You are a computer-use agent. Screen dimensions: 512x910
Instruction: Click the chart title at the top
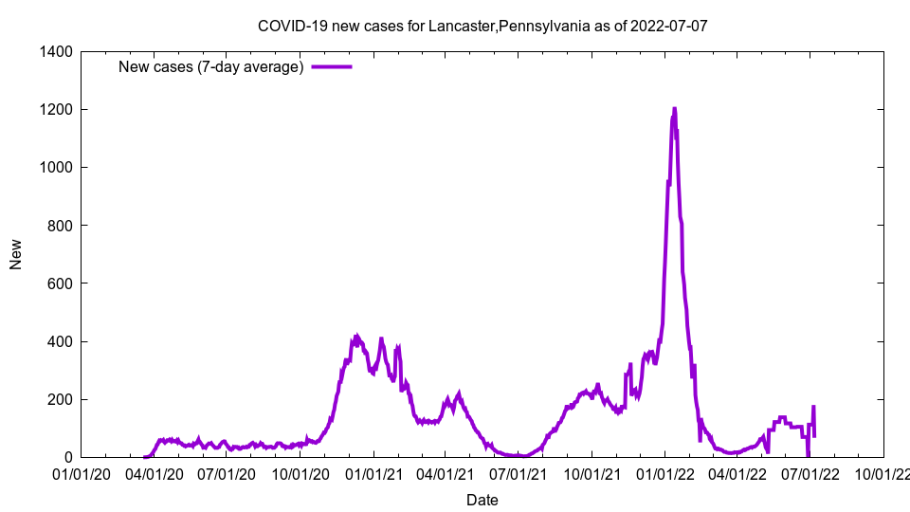point(482,26)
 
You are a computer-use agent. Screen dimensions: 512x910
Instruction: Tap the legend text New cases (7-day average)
point(210,67)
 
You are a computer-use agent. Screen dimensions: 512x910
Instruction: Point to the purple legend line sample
point(332,67)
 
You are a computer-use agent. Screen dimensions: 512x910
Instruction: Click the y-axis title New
point(16,254)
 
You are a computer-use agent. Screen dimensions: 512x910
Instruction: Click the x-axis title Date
point(482,500)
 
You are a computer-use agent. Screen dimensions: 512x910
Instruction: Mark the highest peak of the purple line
point(674,109)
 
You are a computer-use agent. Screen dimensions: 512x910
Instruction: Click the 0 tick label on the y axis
point(68,457)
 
